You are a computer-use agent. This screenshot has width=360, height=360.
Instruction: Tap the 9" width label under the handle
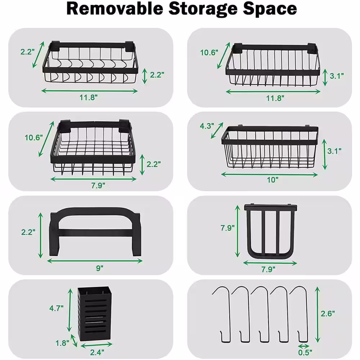tap(100, 268)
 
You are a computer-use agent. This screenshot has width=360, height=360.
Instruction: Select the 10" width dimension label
tap(273, 180)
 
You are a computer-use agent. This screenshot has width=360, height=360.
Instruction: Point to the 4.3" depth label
tap(207, 126)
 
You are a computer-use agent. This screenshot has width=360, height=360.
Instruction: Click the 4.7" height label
tap(56, 308)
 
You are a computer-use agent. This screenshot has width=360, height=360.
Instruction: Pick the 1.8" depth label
tap(62, 343)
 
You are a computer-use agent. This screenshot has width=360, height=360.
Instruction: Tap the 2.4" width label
tap(97, 352)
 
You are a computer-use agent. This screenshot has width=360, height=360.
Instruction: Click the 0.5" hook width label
tap(305, 352)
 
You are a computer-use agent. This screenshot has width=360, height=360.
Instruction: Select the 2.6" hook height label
tap(328, 314)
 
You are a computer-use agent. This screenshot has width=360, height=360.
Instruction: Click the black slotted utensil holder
tap(94, 314)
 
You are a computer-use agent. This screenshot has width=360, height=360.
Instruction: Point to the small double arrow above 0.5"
tap(304, 346)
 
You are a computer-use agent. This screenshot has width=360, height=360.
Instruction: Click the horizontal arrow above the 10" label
tap(269, 175)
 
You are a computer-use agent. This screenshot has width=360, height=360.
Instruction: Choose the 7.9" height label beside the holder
tap(228, 228)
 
